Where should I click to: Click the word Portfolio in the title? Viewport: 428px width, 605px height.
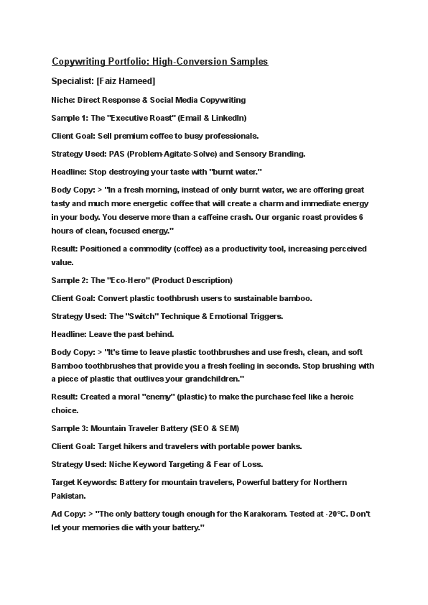pyautogui.click(x=126, y=62)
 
